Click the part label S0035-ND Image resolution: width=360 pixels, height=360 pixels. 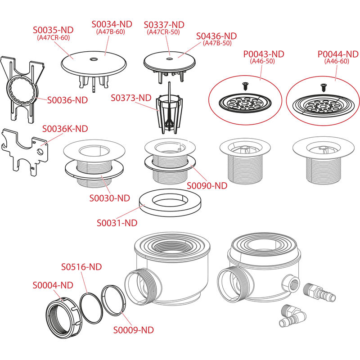tap(54, 30)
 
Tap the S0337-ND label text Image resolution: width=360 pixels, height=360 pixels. tap(164, 24)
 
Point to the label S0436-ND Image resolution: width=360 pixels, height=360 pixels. tap(216, 36)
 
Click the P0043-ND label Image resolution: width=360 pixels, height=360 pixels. tap(264, 54)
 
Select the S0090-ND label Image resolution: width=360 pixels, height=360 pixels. tap(207, 185)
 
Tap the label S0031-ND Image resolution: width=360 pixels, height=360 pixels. tap(117, 222)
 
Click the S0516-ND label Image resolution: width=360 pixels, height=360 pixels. tap(81, 266)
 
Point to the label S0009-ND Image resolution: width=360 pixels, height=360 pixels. tap(133, 330)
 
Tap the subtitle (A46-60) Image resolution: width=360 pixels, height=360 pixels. tap(337, 62)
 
